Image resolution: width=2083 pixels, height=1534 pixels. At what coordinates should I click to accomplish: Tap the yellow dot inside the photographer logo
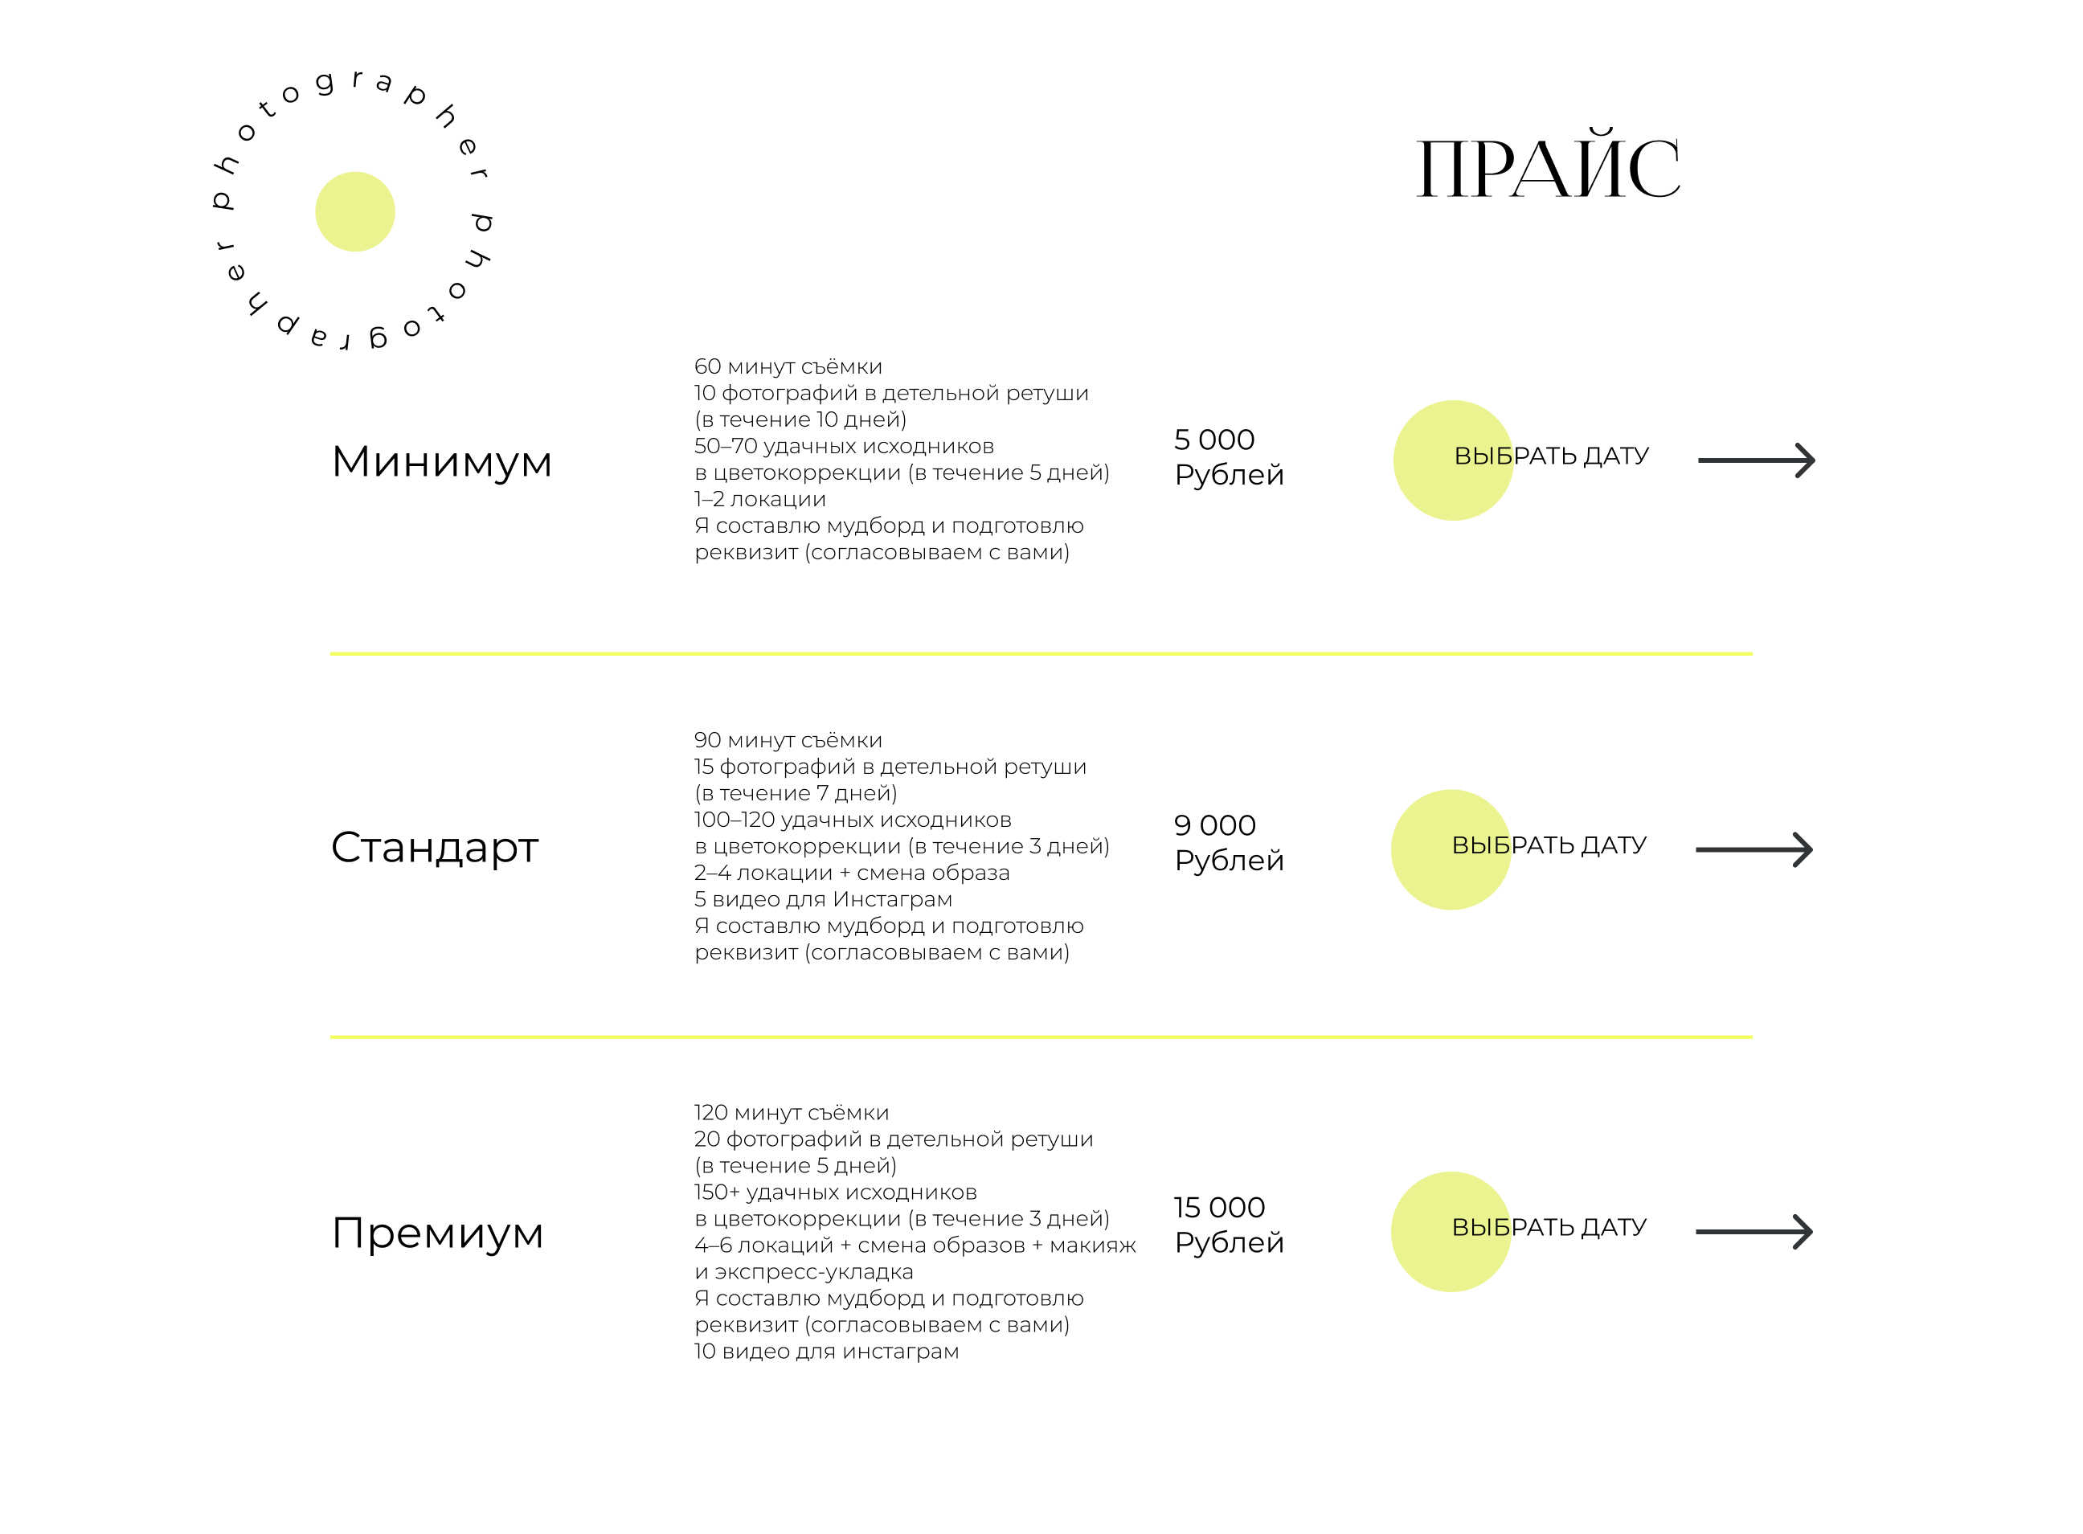click(354, 211)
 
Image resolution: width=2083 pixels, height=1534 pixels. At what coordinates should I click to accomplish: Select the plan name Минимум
click(441, 461)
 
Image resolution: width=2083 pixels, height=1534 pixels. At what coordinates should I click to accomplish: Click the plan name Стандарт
click(435, 847)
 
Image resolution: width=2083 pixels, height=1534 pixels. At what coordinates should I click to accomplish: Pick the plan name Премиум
click(436, 1233)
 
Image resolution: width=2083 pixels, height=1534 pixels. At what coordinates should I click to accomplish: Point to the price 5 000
click(1213, 440)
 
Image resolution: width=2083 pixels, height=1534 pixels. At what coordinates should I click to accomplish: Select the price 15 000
click(1218, 1207)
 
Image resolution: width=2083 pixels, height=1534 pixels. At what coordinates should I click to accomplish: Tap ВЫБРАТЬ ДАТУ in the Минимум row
click(1551, 456)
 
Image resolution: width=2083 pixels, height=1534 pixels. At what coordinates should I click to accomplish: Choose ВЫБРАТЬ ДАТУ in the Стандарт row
click(1549, 845)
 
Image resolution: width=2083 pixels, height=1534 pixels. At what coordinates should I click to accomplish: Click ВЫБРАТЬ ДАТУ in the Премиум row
click(1549, 1228)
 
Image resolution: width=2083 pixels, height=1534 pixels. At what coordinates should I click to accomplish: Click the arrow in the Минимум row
click(1756, 460)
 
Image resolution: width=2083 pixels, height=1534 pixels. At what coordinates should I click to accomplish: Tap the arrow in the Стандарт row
click(1754, 849)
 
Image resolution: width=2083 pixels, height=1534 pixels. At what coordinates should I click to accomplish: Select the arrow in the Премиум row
click(1754, 1232)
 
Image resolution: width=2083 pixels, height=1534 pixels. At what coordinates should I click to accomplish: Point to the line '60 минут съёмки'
click(788, 366)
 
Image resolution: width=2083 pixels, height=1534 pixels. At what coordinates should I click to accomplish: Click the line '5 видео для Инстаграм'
click(823, 899)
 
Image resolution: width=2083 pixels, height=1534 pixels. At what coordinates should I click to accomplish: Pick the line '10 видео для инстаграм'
click(826, 1351)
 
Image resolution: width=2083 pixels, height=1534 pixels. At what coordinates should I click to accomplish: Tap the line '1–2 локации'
click(759, 500)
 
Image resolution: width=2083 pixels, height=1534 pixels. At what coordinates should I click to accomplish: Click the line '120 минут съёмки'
click(792, 1112)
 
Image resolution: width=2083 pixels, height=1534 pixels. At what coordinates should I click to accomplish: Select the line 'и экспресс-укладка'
click(804, 1272)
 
